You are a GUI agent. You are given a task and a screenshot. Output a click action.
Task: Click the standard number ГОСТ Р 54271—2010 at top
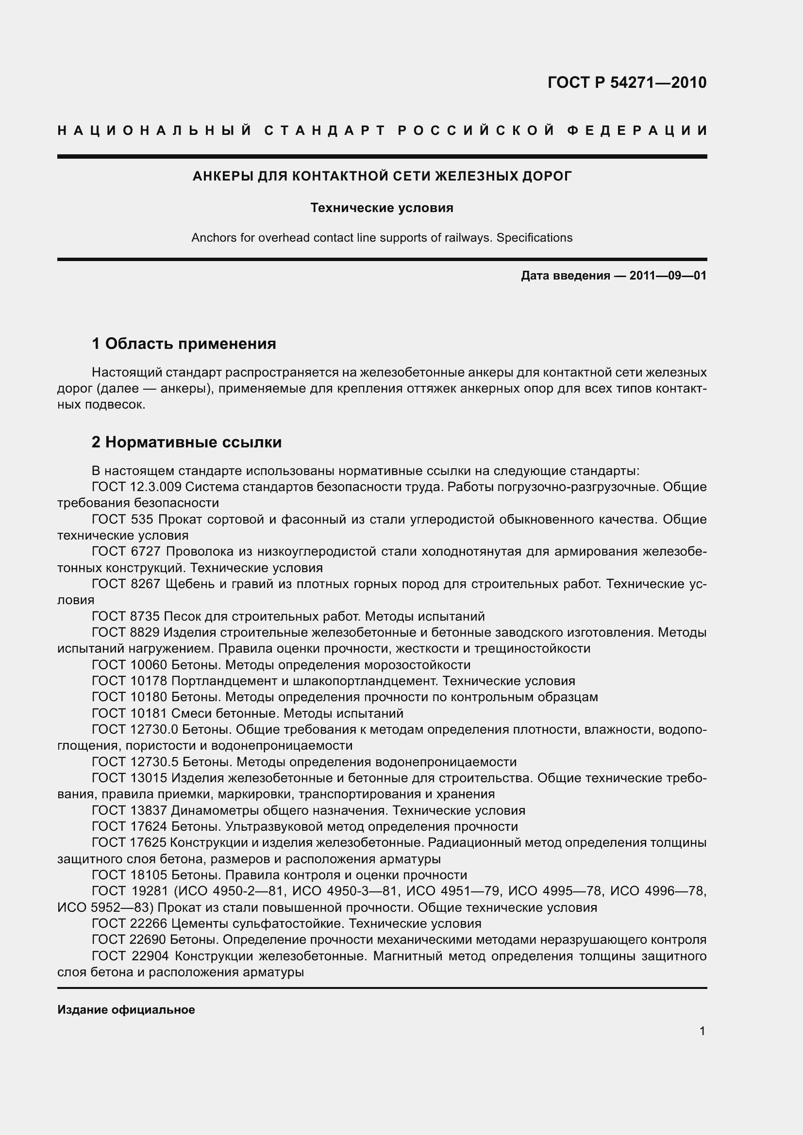point(627,82)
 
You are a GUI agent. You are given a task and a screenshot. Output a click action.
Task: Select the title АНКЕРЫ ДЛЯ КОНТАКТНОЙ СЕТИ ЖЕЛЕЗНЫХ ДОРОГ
point(382,176)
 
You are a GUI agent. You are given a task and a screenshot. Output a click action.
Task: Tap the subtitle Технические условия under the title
point(382,208)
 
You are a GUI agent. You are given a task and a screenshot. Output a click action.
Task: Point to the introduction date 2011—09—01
point(668,276)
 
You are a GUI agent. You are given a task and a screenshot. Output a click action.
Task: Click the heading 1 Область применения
point(184,343)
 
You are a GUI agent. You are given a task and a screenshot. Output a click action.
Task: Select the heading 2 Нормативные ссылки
point(186,442)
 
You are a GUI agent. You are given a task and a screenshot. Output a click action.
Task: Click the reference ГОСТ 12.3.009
point(136,487)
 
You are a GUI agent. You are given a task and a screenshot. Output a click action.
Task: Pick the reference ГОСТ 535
point(123,520)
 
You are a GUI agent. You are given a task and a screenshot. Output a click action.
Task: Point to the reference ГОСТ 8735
point(126,616)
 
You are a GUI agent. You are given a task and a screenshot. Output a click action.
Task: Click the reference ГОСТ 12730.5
point(135,762)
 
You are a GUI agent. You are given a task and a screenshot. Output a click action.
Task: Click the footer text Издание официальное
point(126,1010)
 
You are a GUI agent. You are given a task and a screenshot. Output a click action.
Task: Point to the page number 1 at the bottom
point(702,1031)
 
